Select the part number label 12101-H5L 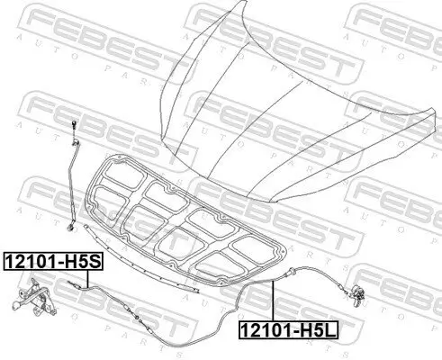287,329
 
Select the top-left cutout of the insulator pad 118,179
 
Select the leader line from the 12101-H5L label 272,301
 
